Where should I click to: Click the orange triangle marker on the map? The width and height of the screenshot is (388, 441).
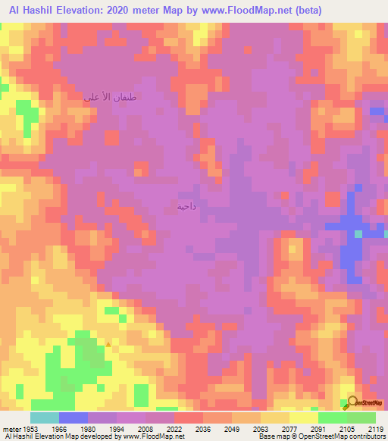pyautogui.click(x=108, y=344)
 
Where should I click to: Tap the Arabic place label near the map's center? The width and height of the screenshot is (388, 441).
pyautogui.click(x=186, y=206)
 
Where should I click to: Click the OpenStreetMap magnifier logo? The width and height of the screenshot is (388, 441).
pyautogui.click(x=350, y=402)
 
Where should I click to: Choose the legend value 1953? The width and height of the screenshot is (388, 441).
pyautogui.click(x=30, y=429)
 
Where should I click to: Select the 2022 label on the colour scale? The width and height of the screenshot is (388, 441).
pyautogui.click(x=174, y=429)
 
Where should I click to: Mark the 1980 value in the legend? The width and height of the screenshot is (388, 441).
pyautogui.click(x=87, y=429)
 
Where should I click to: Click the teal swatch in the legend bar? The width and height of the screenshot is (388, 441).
pyautogui.click(x=45, y=418)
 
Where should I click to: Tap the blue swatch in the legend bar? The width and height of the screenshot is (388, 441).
pyautogui.click(x=74, y=418)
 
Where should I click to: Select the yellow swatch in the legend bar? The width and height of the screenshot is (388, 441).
pyautogui.click(x=303, y=418)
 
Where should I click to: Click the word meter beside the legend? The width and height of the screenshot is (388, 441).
pyautogui.click(x=9, y=429)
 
